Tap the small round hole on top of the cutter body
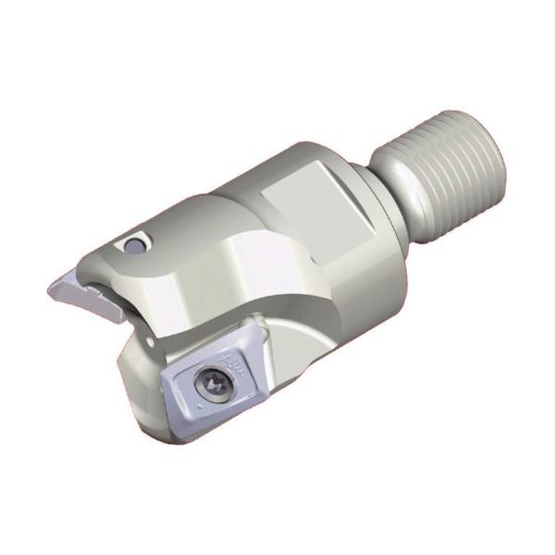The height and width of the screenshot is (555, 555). click(x=135, y=244)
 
